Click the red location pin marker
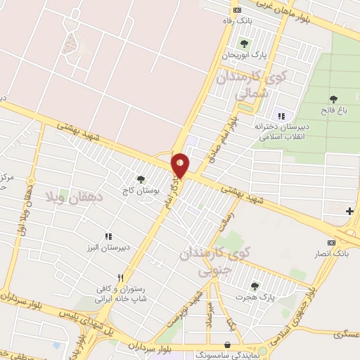pos(181,165)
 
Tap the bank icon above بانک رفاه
pos(237,10)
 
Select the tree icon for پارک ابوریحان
pos(244,44)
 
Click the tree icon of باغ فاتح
pos(333,99)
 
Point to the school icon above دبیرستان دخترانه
pos(282,116)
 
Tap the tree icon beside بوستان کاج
pos(141,179)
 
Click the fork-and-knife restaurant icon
pos(121,277)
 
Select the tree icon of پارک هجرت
pos(254,285)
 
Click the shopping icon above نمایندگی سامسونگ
pos(226,345)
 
